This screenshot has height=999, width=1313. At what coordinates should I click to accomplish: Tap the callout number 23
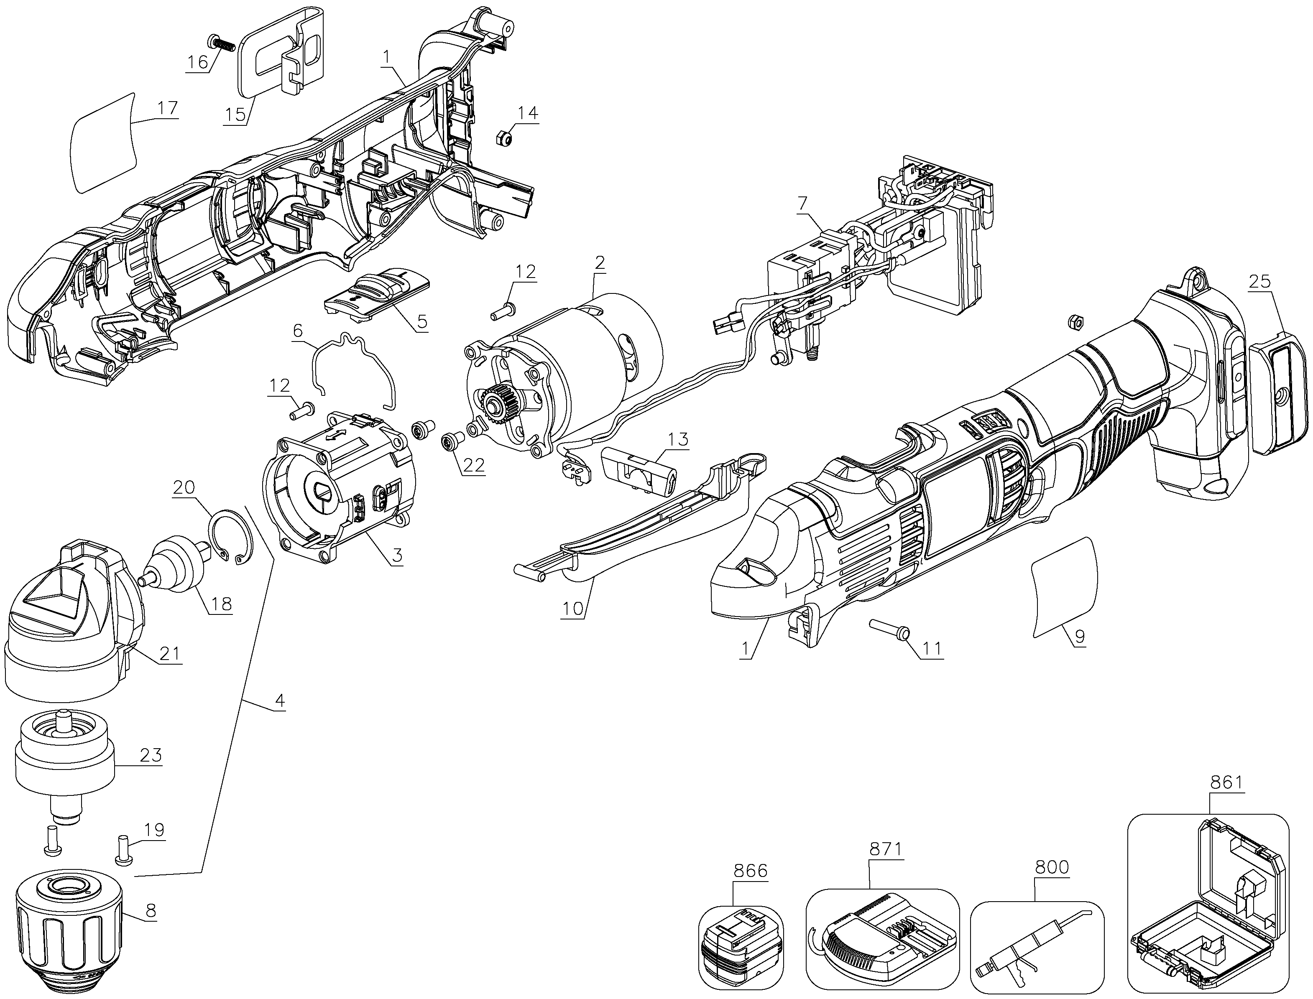pos(150,755)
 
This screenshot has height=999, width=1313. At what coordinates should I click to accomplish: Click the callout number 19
pos(153,830)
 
